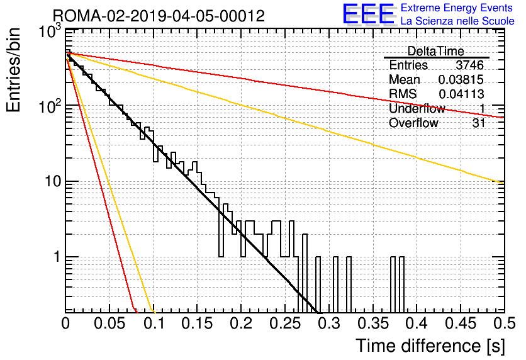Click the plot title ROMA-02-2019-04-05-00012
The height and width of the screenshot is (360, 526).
(x=159, y=16)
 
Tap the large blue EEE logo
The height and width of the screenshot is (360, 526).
(x=368, y=14)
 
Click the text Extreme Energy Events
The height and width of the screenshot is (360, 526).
(x=457, y=8)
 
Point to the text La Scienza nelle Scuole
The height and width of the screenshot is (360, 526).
(x=457, y=21)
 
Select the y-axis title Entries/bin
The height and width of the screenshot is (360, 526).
(x=13, y=70)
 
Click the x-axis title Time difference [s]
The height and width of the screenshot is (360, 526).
(x=430, y=346)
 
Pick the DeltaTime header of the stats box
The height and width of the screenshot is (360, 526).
(x=436, y=51)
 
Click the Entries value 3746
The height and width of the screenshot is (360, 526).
(x=469, y=65)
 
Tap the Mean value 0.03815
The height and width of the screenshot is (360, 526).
(x=461, y=79)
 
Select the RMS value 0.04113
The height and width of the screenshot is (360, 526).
(x=461, y=94)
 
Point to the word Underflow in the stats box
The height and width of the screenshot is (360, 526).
(x=417, y=108)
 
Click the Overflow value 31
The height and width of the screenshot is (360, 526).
(x=479, y=123)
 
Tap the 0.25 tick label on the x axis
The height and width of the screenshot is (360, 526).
(x=285, y=323)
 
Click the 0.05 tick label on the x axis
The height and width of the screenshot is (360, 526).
(x=109, y=323)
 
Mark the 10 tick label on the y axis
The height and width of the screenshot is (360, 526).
(x=53, y=181)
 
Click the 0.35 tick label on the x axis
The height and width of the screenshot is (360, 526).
(x=372, y=323)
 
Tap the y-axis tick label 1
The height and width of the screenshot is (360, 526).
(x=57, y=257)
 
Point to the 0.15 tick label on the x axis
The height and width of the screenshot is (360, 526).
(x=198, y=323)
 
